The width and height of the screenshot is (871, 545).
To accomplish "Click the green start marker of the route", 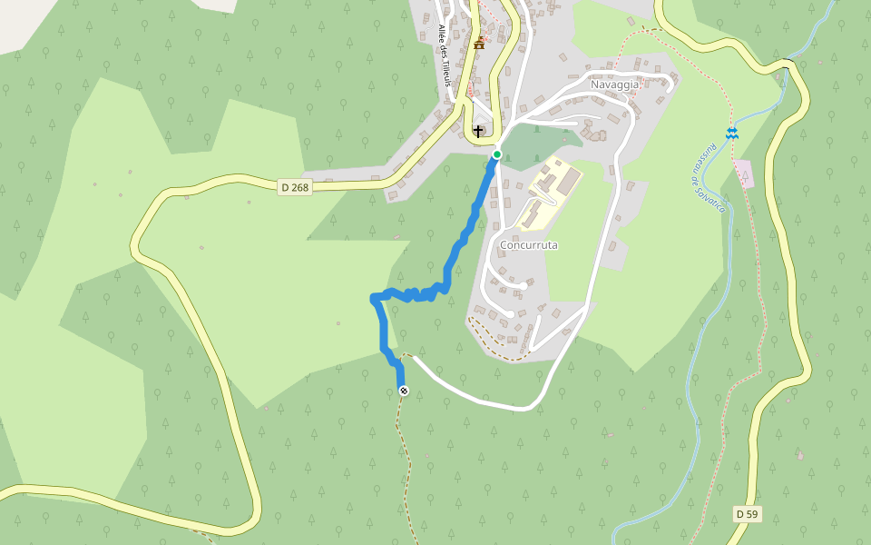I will pyautogui.click(x=497, y=154).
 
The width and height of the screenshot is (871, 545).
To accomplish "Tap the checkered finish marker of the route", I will pyautogui.click(x=404, y=391).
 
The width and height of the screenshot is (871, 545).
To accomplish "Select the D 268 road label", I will pyautogui.click(x=296, y=187).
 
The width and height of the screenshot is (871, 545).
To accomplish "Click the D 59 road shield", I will pyautogui.click(x=747, y=514).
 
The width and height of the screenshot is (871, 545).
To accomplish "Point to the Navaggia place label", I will pyautogui.click(x=615, y=84).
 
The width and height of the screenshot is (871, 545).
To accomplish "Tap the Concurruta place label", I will pyautogui.click(x=529, y=245).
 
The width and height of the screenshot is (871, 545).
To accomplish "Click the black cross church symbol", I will pyautogui.click(x=478, y=132).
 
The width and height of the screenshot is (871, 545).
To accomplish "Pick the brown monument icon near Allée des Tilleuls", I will pyautogui.click(x=479, y=43).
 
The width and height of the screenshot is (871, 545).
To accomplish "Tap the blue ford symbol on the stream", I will pyautogui.click(x=731, y=134).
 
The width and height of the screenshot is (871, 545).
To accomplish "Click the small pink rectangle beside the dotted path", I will pyautogui.click(x=744, y=173).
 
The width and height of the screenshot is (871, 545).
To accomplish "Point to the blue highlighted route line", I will pyautogui.click(x=454, y=259).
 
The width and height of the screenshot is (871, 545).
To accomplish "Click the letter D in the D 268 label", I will pyautogui.click(x=285, y=187).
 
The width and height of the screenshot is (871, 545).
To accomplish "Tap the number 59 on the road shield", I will pyautogui.click(x=751, y=514).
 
